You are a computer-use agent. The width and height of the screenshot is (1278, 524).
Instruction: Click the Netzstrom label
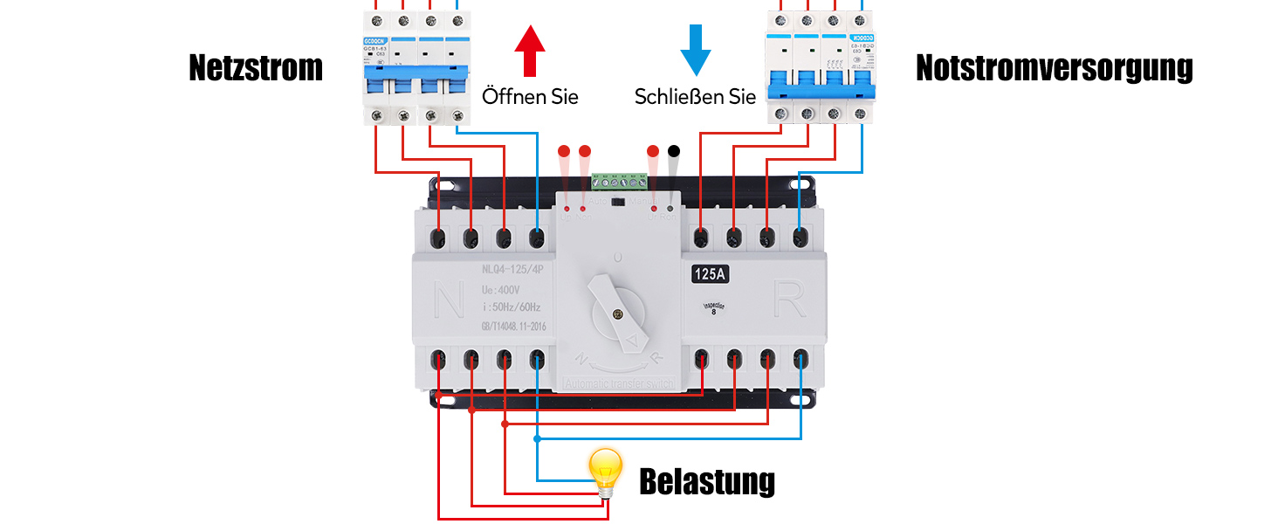tap(256, 68)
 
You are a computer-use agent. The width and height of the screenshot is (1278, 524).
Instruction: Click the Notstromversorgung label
tap(1054, 68)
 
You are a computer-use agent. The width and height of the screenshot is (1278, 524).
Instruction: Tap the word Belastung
tap(707, 481)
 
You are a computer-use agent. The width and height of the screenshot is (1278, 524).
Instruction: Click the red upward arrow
tap(530, 51)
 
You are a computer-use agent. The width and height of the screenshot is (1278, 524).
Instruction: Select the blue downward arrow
tap(696, 51)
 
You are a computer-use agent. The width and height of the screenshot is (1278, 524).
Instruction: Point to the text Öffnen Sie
tap(530, 96)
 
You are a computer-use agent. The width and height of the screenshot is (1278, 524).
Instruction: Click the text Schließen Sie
tap(695, 96)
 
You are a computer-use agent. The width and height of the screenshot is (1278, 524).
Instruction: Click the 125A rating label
tap(711, 274)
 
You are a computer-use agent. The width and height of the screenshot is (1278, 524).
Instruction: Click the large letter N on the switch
tap(449, 302)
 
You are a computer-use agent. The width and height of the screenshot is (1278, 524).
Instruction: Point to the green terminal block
tap(621, 182)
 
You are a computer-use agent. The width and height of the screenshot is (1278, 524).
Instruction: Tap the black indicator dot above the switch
tap(673, 151)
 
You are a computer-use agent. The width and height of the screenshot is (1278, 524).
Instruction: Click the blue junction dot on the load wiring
tap(538, 438)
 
